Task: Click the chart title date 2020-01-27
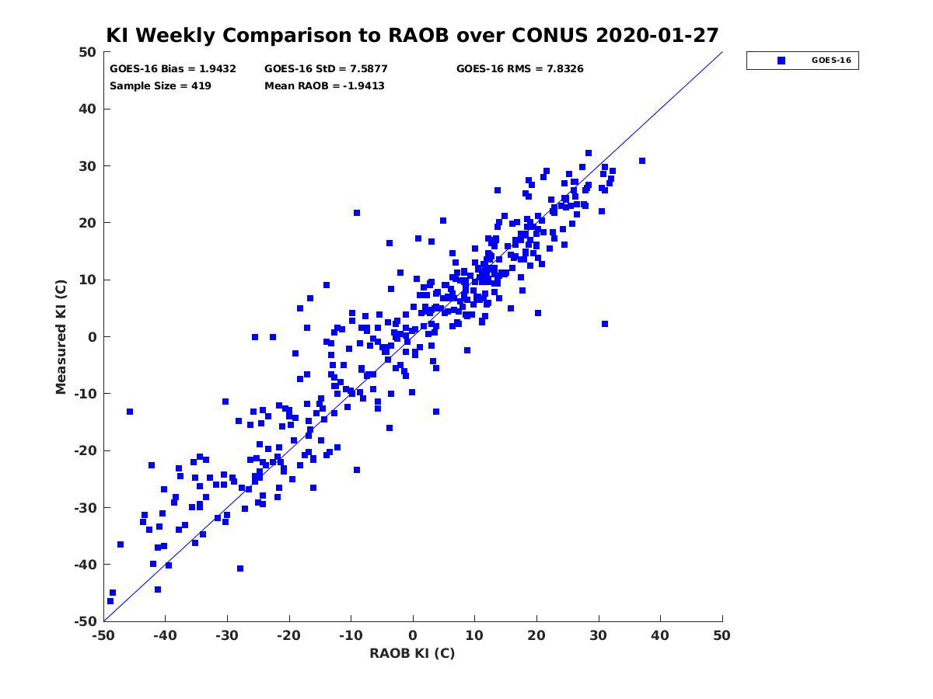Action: click(x=657, y=35)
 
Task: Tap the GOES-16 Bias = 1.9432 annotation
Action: click(x=173, y=69)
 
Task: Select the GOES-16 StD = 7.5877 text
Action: click(x=326, y=69)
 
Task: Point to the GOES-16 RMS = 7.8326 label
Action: click(x=519, y=69)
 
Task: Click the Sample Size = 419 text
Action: click(x=160, y=86)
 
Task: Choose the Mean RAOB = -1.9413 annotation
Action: click(x=324, y=86)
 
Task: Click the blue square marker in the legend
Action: click(x=781, y=61)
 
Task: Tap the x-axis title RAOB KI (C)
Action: click(x=412, y=653)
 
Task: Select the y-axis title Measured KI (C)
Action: click(x=61, y=337)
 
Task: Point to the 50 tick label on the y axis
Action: click(x=88, y=52)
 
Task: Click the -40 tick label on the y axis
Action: click(x=86, y=565)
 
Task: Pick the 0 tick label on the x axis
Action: click(x=413, y=635)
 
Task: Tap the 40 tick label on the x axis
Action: click(x=660, y=635)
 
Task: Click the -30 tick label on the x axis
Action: click(x=226, y=635)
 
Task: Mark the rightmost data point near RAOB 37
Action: click(x=642, y=161)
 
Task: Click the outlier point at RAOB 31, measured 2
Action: click(x=605, y=324)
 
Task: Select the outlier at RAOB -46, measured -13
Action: click(x=130, y=412)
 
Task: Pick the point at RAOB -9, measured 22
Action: click(x=357, y=213)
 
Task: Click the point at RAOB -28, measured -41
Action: click(x=240, y=569)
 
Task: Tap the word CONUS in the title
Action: click(x=550, y=35)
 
